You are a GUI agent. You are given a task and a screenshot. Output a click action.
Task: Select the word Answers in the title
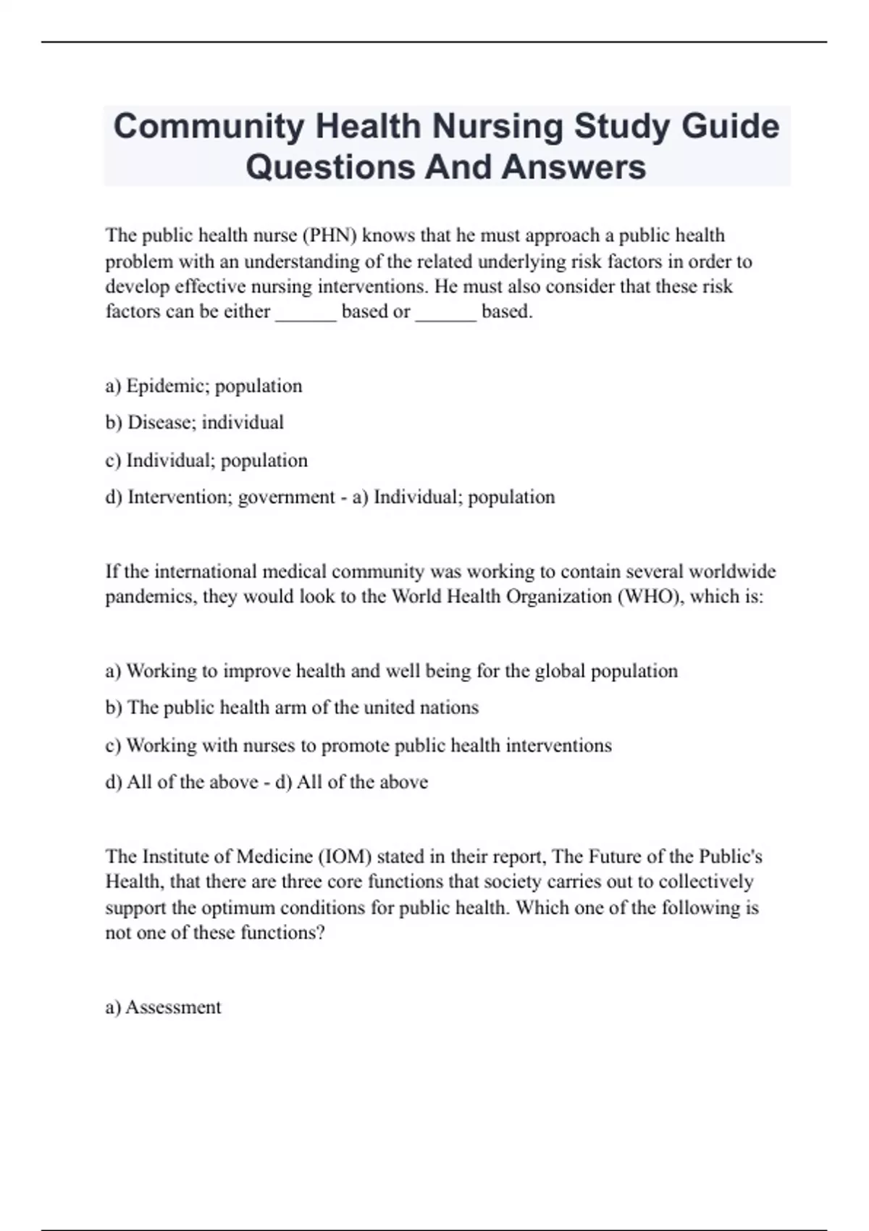tap(573, 167)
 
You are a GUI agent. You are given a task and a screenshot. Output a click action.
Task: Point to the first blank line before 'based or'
tap(306, 313)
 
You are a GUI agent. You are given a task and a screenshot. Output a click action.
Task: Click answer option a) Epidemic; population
tap(203, 386)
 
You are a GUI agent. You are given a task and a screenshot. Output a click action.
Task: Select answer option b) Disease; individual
tap(194, 422)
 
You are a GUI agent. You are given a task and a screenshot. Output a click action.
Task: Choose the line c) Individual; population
tap(206, 461)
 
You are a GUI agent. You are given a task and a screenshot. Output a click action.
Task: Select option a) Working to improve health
tap(391, 671)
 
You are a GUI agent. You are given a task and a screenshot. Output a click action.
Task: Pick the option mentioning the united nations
tap(292, 707)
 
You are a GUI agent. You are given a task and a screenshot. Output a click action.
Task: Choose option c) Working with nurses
tap(358, 746)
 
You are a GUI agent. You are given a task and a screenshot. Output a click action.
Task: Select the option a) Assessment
tap(163, 1007)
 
